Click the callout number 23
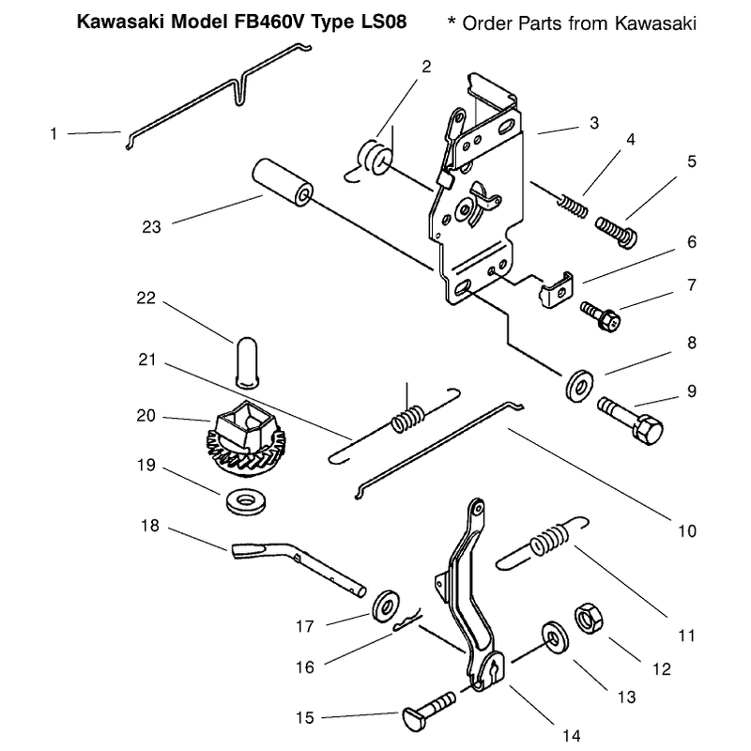click(x=151, y=226)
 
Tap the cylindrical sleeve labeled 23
click(x=283, y=182)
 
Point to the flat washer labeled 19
click(x=246, y=502)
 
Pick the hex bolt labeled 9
click(x=630, y=421)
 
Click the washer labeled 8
click(x=579, y=385)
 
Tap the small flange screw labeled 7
click(x=600, y=315)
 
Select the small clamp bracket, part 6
click(x=556, y=290)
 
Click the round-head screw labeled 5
click(x=617, y=232)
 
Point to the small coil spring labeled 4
click(x=572, y=206)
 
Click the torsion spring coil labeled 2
click(x=375, y=157)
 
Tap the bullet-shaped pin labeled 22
click(x=247, y=362)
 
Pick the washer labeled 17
click(x=386, y=605)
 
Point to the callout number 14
click(x=571, y=735)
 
